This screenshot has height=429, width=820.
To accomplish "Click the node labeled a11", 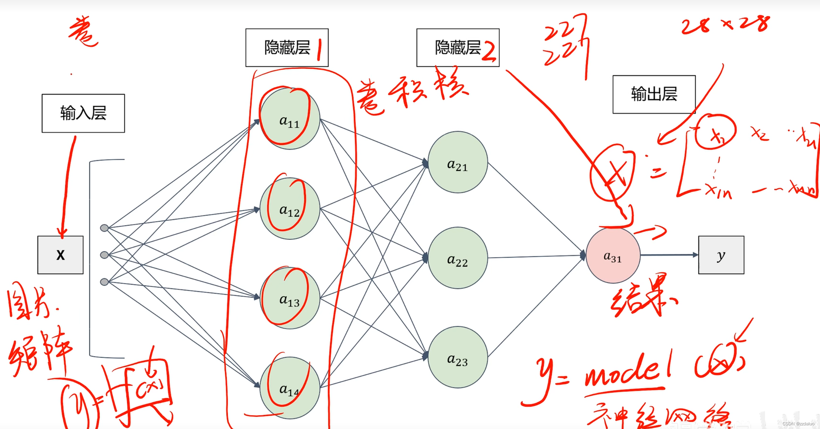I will [290, 119].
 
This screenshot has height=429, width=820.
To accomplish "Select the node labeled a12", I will [290, 209].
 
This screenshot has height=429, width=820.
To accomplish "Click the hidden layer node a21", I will [458, 162].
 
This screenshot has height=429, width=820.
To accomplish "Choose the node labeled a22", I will [458, 258].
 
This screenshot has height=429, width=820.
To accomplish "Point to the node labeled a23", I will [458, 357].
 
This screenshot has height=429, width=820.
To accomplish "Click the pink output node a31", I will [613, 256].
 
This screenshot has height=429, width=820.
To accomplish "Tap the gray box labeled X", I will [60, 255].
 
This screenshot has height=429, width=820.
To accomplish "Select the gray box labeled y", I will [721, 255].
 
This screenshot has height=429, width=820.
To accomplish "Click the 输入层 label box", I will [83, 113].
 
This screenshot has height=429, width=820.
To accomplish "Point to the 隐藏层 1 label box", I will [287, 48].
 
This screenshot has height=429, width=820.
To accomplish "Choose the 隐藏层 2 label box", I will [458, 48].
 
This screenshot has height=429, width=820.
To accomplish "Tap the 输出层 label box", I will [654, 94].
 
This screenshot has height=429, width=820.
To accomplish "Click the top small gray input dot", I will [104, 228].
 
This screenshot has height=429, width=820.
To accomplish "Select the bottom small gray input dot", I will [104, 282].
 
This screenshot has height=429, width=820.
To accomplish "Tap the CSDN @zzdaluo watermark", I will [798, 424].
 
